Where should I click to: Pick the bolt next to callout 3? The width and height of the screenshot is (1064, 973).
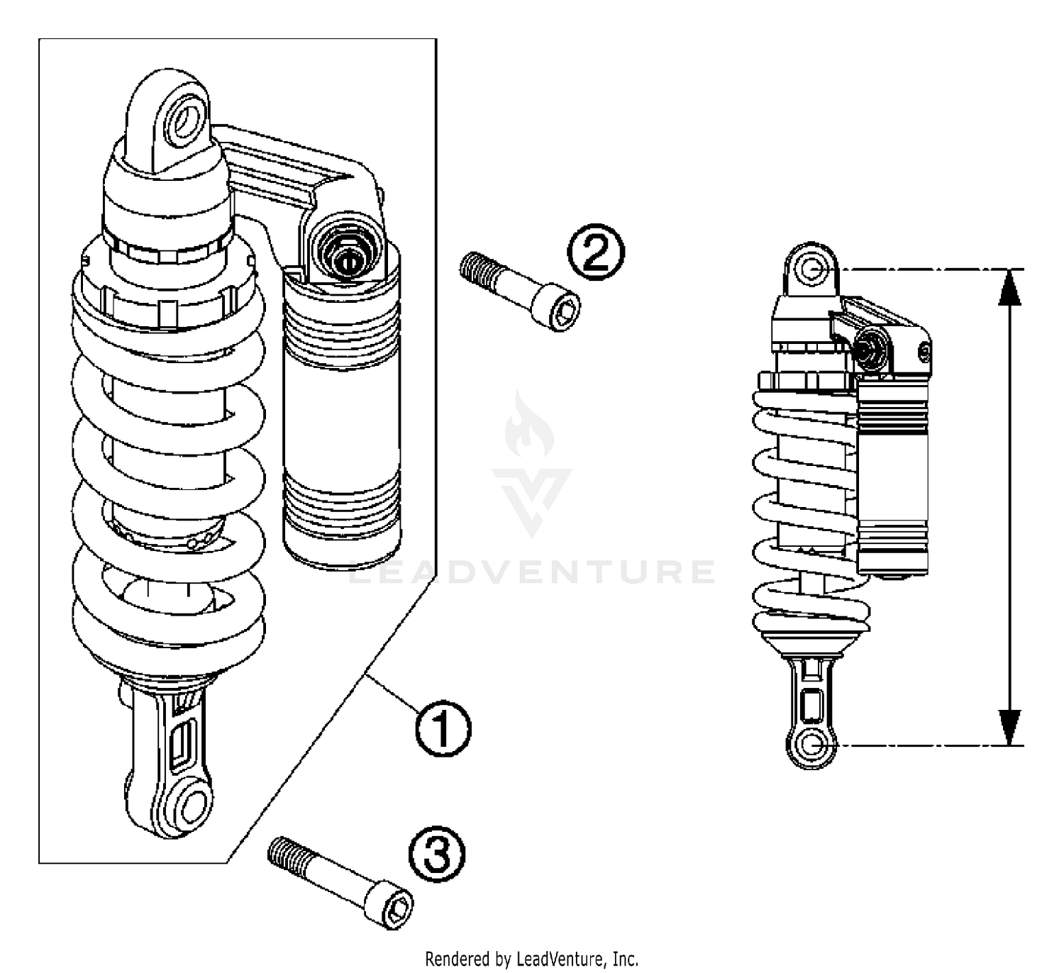pos(341,879)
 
